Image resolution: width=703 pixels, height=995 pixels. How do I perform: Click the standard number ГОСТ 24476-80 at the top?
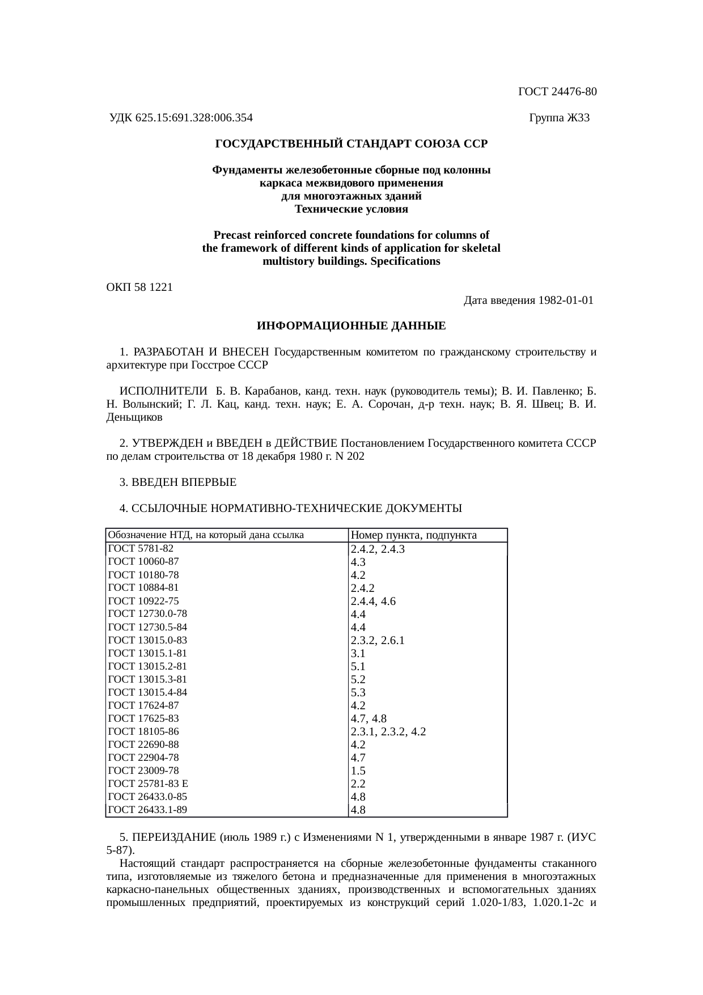pyautogui.click(x=557, y=92)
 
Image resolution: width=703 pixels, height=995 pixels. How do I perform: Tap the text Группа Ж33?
pyautogui.click(x=559, y=118)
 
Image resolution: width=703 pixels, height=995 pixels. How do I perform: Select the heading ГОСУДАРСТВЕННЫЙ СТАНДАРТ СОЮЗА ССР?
pyautogui.click(x=351, y=144)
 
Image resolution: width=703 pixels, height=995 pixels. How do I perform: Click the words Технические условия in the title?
pyautogui.click(x=351, y=209)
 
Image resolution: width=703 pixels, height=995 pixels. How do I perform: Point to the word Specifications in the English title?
pyautogui.click(x=405, y=261)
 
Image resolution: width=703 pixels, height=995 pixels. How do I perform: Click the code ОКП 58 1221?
pyautogui.click(x=139, y=287)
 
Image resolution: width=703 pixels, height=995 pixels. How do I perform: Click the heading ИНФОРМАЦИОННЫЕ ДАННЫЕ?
pyautogui.click(x=351, y=327)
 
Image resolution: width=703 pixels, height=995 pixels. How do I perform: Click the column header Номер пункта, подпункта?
pyautogui.click(x=413, y=535)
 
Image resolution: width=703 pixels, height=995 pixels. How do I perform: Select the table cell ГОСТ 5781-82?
pyautogui.click(x=141, y=548)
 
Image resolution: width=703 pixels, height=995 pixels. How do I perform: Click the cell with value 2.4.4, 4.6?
pyautogui.click(x=373, y=602)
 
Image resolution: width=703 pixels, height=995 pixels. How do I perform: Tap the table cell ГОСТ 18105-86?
pyautogui.click(x=143, y=731)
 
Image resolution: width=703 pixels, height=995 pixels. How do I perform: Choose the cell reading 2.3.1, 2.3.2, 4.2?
pyautogui.click(x=388, y=732)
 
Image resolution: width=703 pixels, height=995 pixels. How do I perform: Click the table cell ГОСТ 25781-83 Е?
pyautogui.click(x=147, y=784)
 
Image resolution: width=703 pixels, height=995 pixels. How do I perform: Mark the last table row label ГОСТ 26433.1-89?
pyautogui.click(x=147, y=810)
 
